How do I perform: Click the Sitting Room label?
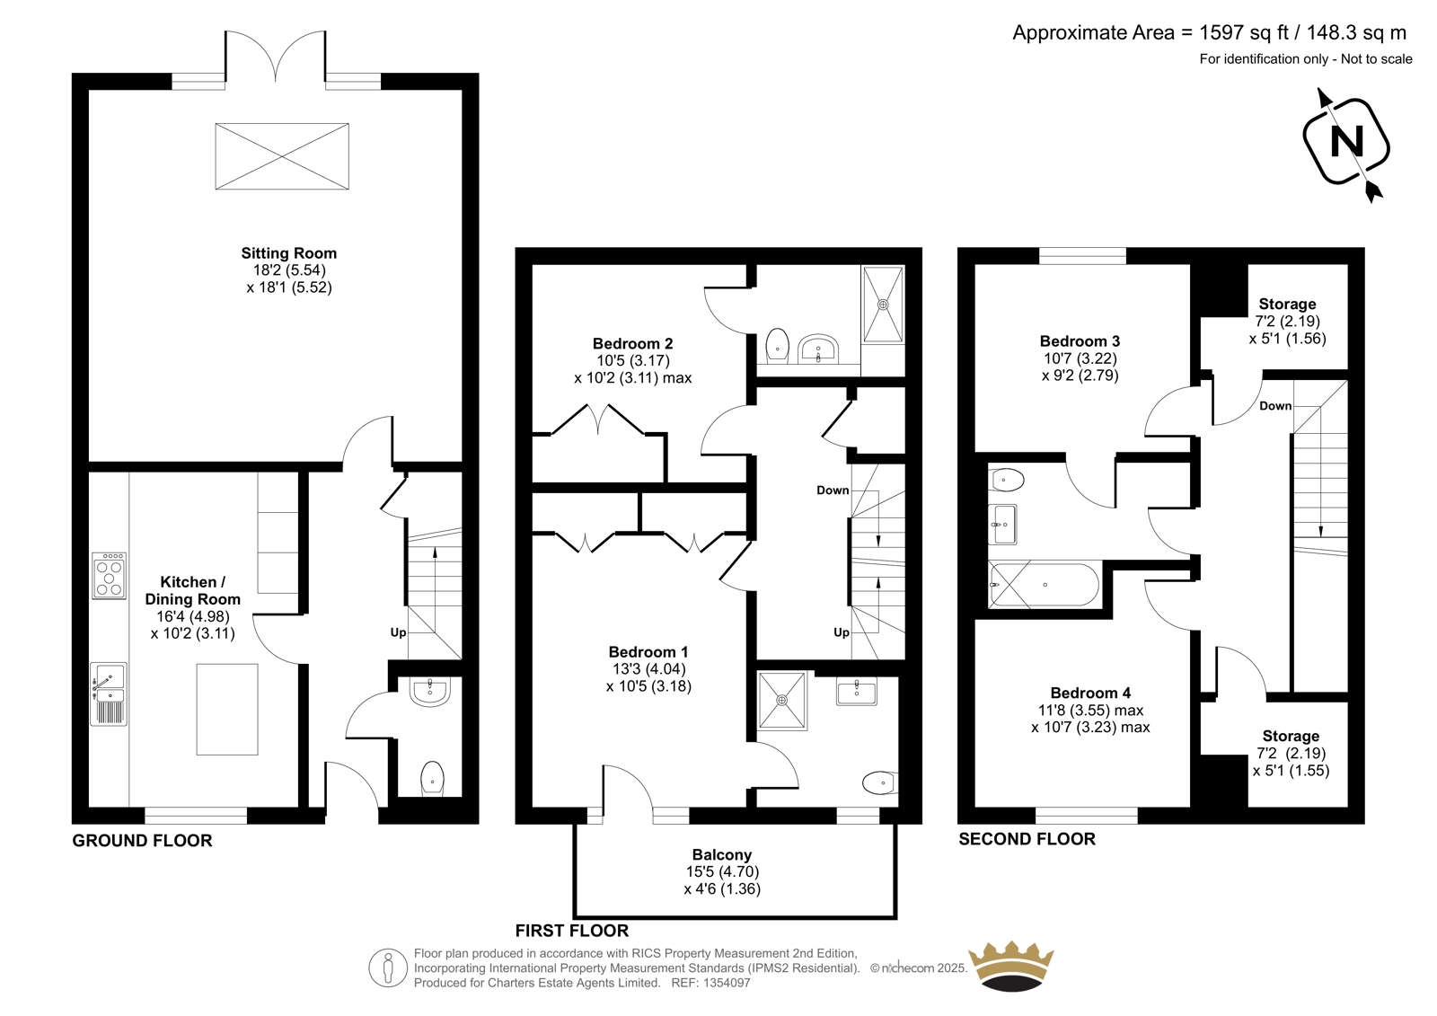point(288,253)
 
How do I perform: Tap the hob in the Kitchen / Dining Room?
point(109,576)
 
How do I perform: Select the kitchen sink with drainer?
point(109,694)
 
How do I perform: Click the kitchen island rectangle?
point(227,709)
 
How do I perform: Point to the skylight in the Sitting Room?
point(282,156)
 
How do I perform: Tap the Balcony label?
point(722,855)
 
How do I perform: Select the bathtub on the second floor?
point(1044,585)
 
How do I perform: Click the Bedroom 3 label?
point(1080,341)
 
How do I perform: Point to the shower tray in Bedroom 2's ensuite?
point(884,305)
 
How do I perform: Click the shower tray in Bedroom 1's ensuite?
point(782,700)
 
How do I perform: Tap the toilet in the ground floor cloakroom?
point(432,779)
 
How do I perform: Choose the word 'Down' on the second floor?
point(1275,406)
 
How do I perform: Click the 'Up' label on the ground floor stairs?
point(399,632)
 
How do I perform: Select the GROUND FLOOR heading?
point(142,841)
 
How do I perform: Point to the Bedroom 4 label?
point(1090,694)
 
